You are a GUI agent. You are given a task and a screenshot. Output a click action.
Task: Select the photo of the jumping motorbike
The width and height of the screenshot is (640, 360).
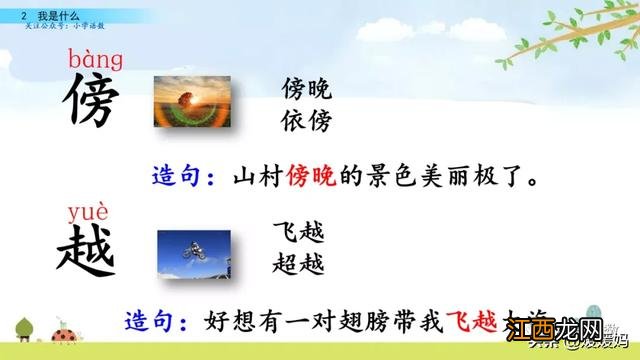point(193,254)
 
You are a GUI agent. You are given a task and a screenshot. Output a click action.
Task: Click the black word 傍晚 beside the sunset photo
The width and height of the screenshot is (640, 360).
point(306,88)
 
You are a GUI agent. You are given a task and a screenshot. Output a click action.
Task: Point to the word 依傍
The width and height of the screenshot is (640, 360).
point(306,121)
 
